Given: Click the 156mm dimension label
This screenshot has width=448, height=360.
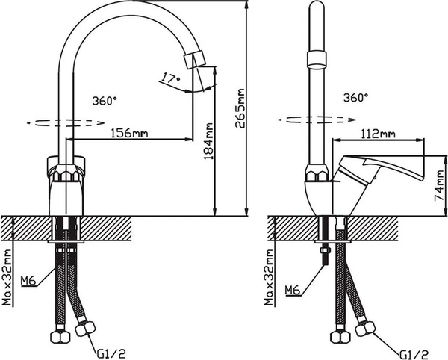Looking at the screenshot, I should [128, 133].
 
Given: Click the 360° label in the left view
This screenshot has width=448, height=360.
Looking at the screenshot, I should [104, 99].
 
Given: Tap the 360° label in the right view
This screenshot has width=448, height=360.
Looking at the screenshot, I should [356, 98].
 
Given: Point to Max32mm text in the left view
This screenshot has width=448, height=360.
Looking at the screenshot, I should [7, 276].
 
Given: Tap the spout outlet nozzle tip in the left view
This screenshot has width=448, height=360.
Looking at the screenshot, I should [196, 60].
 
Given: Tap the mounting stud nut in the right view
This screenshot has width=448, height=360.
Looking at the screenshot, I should [326, 254].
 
